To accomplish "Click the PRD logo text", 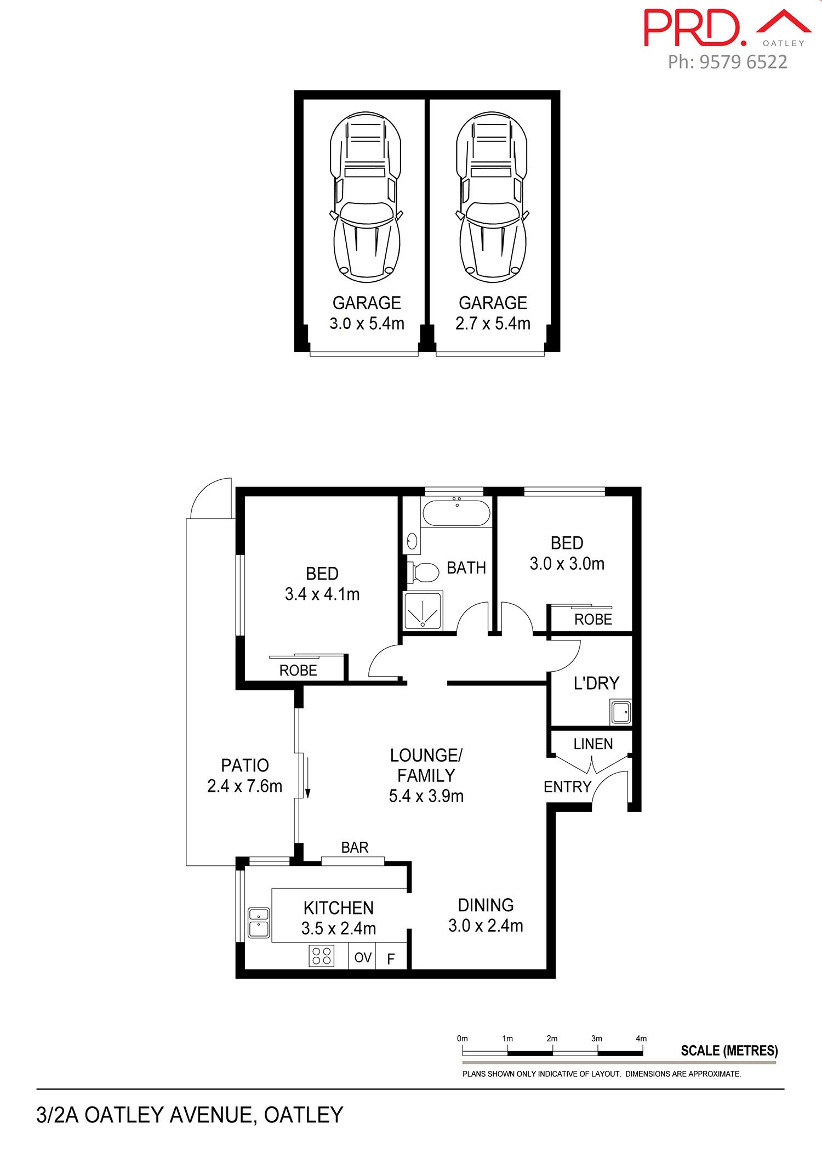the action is pos(694,27).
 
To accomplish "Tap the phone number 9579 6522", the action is pos(744,62).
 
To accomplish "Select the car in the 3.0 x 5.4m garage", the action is pos(366,197).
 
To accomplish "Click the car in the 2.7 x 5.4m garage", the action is pos(492,197).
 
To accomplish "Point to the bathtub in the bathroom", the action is pos(456,513).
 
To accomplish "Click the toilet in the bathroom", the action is pos(423,572).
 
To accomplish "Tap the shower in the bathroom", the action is pos(423,610).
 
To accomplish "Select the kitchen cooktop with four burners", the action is pos(322,956).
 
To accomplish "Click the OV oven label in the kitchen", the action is pos(363,957).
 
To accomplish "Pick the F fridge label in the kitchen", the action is pos(391,959).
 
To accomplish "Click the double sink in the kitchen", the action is pos(259,922).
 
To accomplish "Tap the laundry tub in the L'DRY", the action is pos(621,712).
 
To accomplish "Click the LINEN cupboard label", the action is pos(593,744).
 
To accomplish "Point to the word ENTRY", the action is pos(567,787).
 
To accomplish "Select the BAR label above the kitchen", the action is pos(355,848).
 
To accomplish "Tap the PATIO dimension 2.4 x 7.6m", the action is pos(244,786).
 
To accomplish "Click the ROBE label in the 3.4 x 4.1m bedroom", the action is pos(298,671).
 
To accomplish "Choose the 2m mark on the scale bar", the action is pos(552,1039).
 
